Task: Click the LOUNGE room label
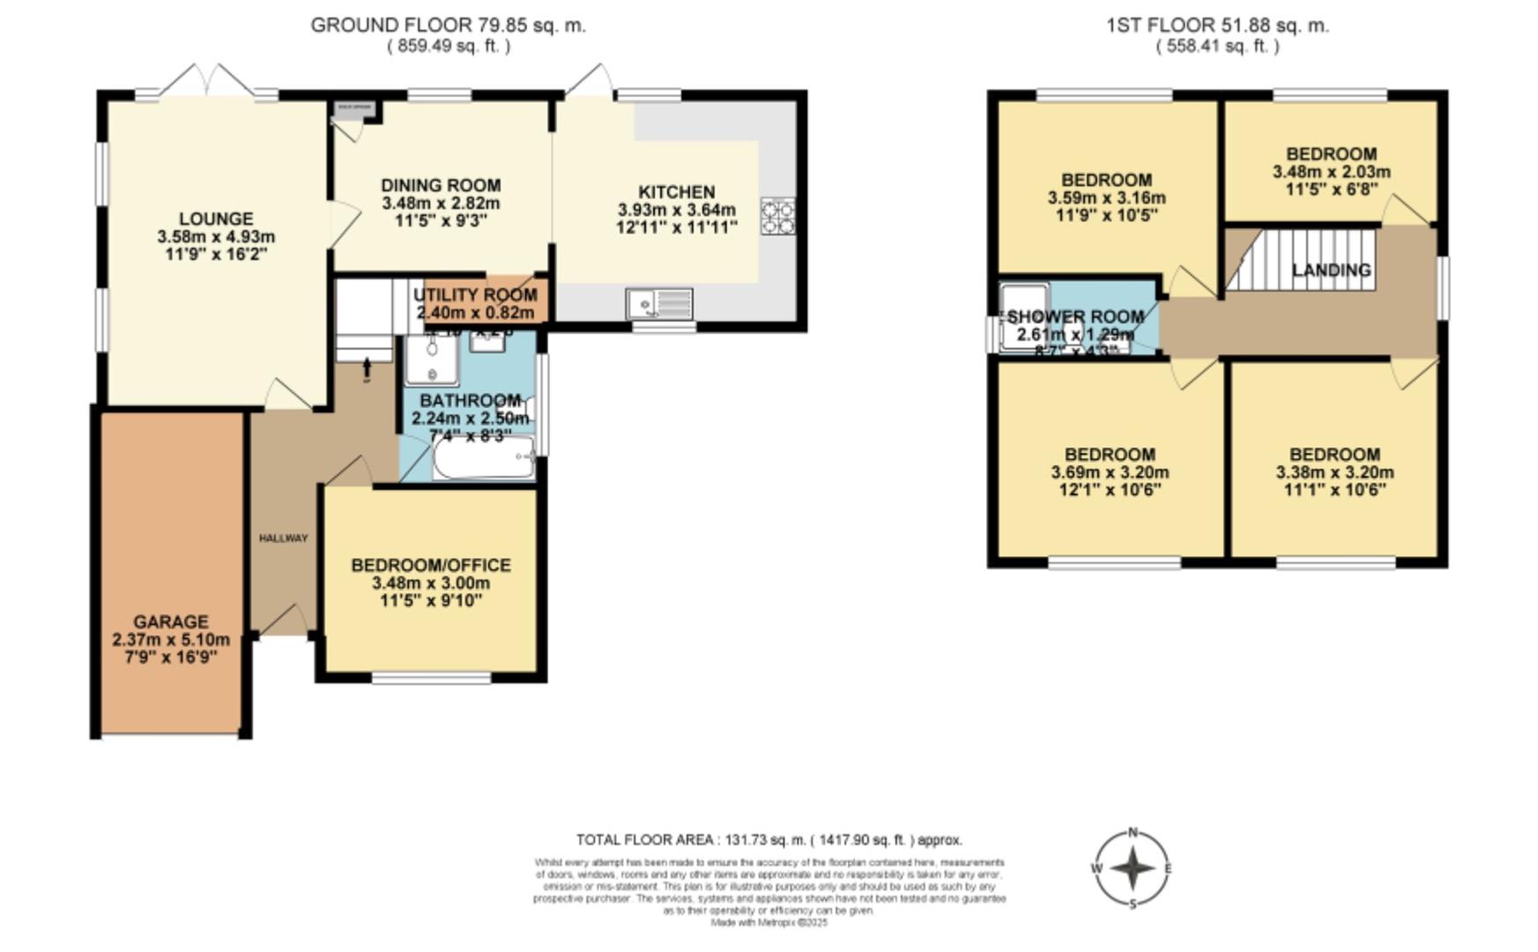point(216,219)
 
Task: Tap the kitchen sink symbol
point(659,304)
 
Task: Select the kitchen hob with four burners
point(778,216)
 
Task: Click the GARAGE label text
point(171,621)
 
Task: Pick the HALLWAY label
point(283,538)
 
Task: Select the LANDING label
point(1331,271)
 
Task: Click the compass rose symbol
point(1133,869)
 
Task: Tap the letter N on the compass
point(1133,832)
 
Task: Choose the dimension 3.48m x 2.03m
point(1331,172)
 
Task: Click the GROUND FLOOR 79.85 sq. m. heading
point(448,26)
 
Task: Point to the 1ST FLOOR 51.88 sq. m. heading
point(1217,26)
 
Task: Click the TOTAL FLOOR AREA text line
point(769,840)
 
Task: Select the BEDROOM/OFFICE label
point(431,565)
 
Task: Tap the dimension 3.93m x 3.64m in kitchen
point(676,210)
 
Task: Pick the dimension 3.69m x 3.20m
point(1110,472)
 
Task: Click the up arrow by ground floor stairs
point(367,366)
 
